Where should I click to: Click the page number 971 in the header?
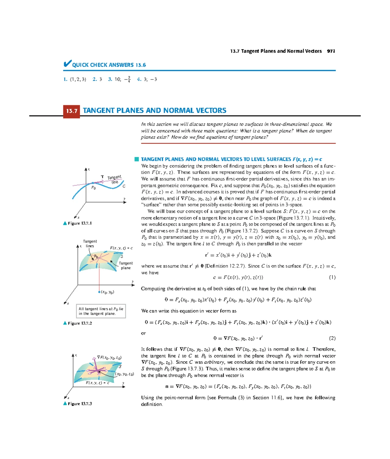coord(331,51)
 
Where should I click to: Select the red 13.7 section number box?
coord(71,111)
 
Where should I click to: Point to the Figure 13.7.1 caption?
coord(78,223)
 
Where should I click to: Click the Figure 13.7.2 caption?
coord(78,323)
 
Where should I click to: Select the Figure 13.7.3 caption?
coord(78,404)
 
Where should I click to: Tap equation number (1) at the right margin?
coord(332,277)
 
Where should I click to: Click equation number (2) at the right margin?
coord(332,338)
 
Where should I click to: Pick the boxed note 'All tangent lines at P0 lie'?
coord(101,311)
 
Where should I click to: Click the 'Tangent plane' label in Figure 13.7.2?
coord(126,266)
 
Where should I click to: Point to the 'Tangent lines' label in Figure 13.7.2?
coord(90,243)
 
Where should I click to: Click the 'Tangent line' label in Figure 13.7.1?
coord(114,179)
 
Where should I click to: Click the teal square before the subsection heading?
coord(136,159)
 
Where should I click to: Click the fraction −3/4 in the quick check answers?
coord(127,79)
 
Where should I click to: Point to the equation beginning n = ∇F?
coord(238,387)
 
